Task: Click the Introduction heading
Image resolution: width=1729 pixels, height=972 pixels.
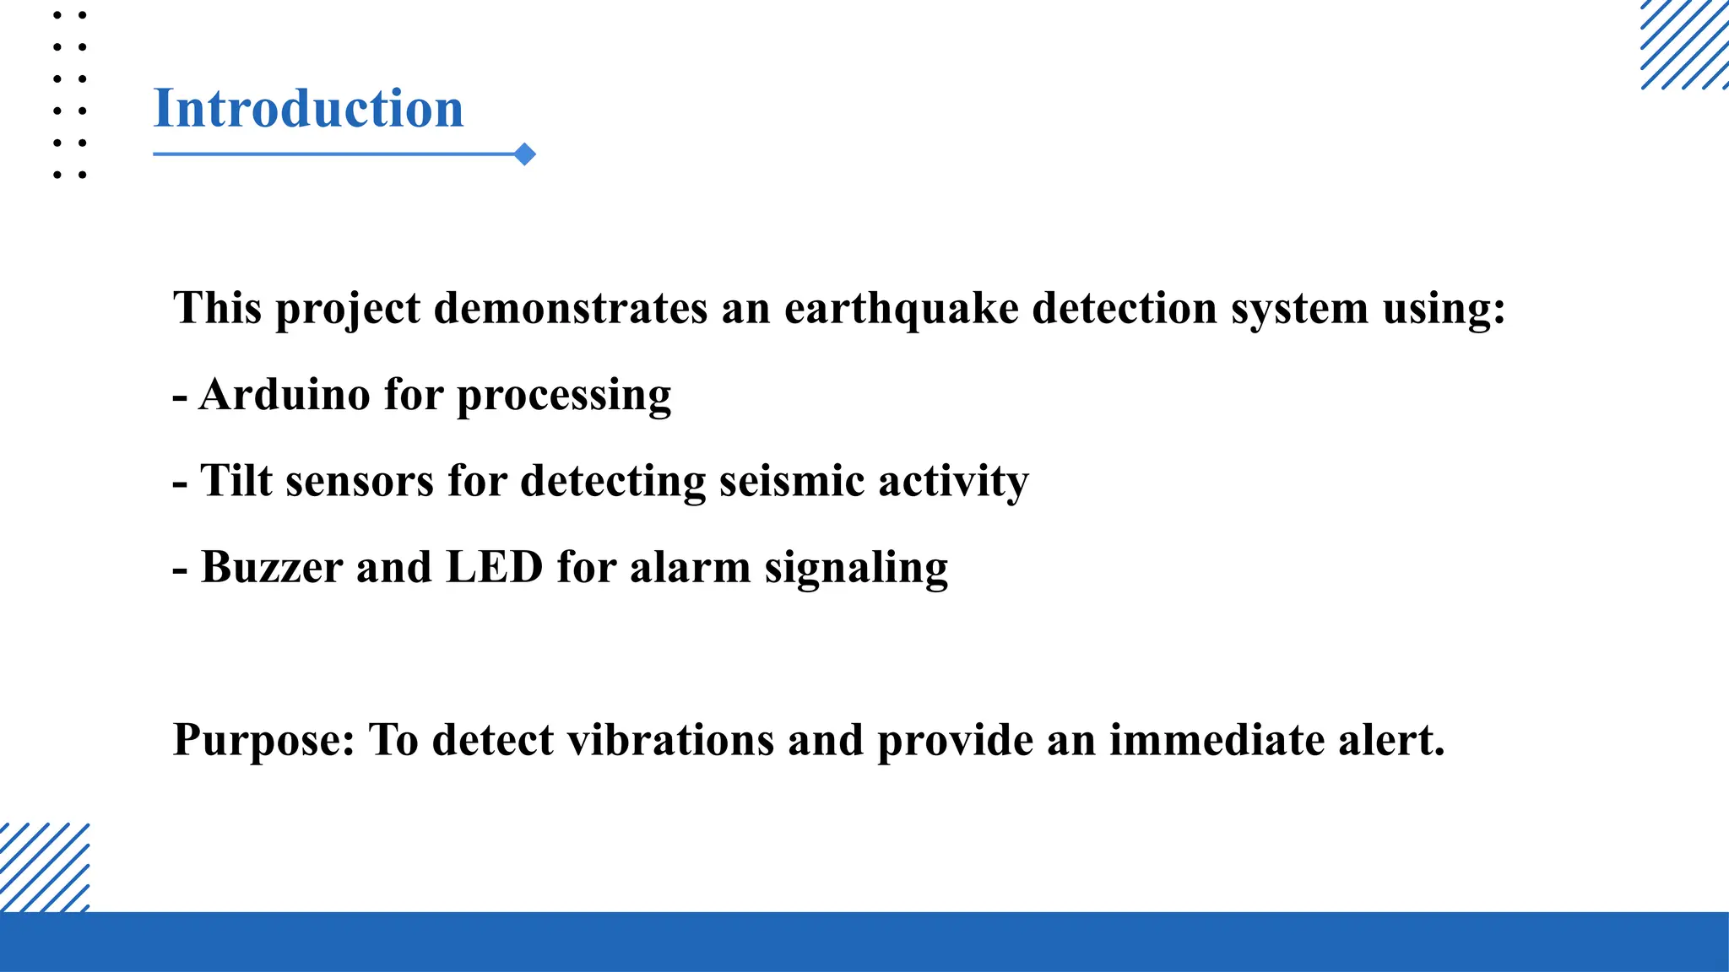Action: point(308,109)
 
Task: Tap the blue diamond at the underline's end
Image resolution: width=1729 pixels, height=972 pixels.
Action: point(525,154)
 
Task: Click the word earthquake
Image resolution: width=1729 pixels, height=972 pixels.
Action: point(901,308)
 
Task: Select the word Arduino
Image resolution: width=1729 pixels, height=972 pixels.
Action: point(285,394)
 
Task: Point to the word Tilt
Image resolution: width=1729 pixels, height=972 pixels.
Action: point(236,481)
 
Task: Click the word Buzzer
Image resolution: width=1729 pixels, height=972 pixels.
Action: point(272,567)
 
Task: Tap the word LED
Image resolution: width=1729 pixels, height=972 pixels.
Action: point(494,567)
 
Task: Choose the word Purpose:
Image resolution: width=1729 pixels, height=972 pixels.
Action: point(263,741)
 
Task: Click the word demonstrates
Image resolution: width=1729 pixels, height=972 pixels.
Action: point(571,308)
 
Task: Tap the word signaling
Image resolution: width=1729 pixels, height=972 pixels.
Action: point(856,569)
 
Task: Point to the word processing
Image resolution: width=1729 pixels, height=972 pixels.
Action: point(564,396)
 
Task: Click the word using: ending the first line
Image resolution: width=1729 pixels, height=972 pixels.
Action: point(1444,310)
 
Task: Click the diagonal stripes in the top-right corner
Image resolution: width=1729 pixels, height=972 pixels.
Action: point(1684,44)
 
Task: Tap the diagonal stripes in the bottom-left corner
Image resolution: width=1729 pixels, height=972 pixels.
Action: point(44,867)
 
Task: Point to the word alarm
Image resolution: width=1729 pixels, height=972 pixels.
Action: point(690,567)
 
